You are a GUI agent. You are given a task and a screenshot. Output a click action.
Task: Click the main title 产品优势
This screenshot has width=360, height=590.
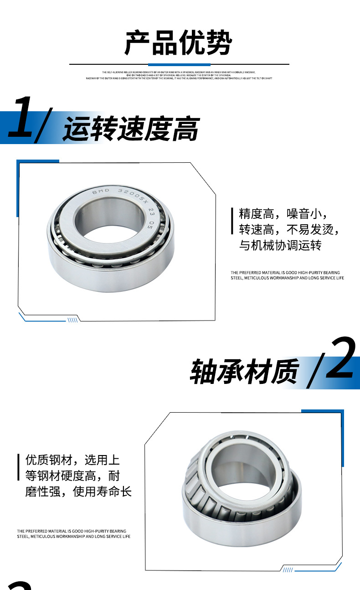click(x=178, y=43)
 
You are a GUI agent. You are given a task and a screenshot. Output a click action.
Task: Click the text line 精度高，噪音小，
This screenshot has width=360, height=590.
click(x=283, y=214)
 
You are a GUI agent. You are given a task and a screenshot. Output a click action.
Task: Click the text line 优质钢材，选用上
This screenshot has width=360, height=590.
click(x=72, y=460)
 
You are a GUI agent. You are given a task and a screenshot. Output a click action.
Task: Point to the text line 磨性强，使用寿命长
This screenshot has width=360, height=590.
click(x=78, y=492)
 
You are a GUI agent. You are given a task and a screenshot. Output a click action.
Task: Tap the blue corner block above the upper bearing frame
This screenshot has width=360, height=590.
click(x=38, y=162)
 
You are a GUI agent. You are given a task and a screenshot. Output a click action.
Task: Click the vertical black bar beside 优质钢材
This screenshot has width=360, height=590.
click(x=19, y=467)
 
